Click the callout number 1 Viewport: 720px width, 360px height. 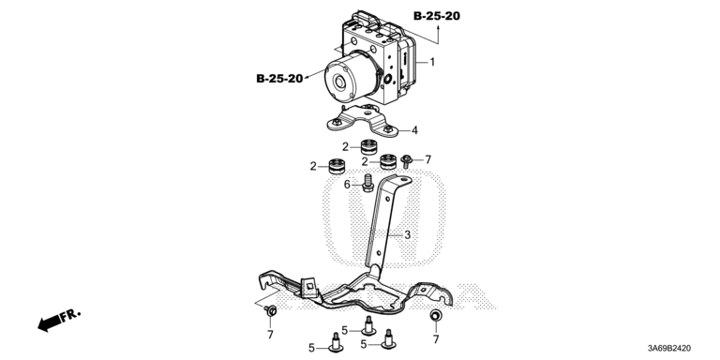432,62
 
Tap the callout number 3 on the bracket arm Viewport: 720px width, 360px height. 407,235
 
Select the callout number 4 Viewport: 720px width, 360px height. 414,130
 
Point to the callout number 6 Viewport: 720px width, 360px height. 348,184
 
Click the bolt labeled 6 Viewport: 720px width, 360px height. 367,182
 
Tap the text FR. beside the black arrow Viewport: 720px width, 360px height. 70,315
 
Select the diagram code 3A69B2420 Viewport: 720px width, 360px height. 668,349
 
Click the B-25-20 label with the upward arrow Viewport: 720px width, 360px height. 437,16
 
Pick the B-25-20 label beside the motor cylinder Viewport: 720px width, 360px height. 279,79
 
